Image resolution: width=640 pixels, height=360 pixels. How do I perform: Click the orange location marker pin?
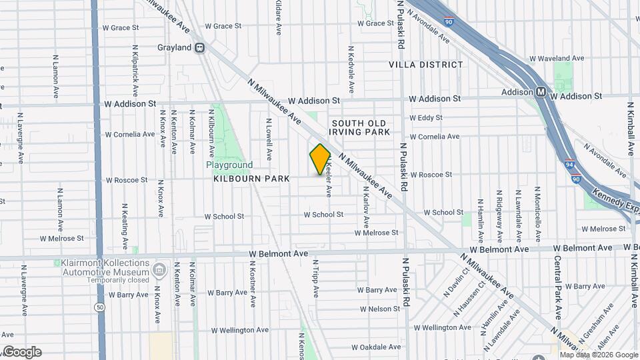[x=320, y=159]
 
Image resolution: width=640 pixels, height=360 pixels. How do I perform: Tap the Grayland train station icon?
[x=199, y=48]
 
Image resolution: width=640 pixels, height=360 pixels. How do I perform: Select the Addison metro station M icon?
[x=541, y=92]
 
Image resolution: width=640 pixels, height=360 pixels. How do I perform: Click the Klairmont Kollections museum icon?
[x=159, y=270]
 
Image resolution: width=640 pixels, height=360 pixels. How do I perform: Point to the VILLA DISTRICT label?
[x=426, y=65]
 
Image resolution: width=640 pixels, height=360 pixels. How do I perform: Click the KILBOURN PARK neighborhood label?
[x=251, y=179]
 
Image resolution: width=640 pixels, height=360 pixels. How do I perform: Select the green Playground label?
[x=229, y=165]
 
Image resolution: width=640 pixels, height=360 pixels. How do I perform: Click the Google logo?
[x=21, y=352]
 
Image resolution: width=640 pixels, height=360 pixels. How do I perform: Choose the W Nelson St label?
[x=379, y=309]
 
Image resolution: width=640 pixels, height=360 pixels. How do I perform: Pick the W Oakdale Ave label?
[x=376, y=347]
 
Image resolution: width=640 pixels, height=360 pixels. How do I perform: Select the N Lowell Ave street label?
[x=269, y=139]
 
